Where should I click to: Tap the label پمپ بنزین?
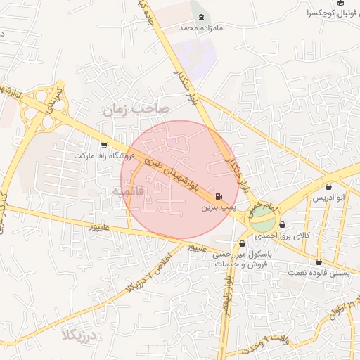(x=217, y=208)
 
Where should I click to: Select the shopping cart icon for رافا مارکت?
(x=105, y=144)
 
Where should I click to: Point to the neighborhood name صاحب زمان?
(x=134, y=109)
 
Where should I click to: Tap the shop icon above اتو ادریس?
(x=330, y=187)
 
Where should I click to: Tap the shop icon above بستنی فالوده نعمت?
(x=319, y=262)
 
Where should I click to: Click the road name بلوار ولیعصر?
(x=227, y=295)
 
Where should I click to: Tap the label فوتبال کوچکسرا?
(x=331, y=13)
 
